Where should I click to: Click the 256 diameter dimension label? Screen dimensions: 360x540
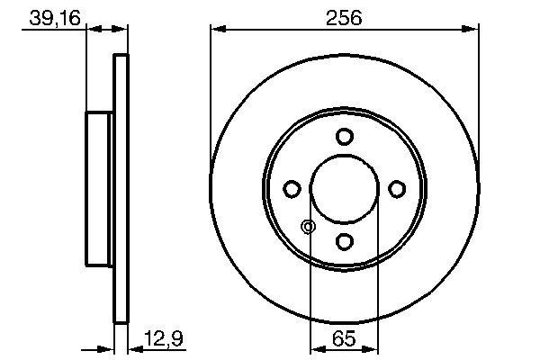[345, 17]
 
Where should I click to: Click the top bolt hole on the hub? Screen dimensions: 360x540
[344, 137]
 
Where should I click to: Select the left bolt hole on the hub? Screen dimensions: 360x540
[292, 189]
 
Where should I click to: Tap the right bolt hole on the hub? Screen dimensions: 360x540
[396, 189]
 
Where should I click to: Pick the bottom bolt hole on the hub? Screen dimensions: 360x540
[344, 241]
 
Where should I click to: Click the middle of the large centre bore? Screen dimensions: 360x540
[344, 189]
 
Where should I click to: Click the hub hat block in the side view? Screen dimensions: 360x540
[98, 189]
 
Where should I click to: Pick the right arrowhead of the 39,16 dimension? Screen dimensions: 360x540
[123, 31]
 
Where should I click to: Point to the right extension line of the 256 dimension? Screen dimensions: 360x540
[477, 108]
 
